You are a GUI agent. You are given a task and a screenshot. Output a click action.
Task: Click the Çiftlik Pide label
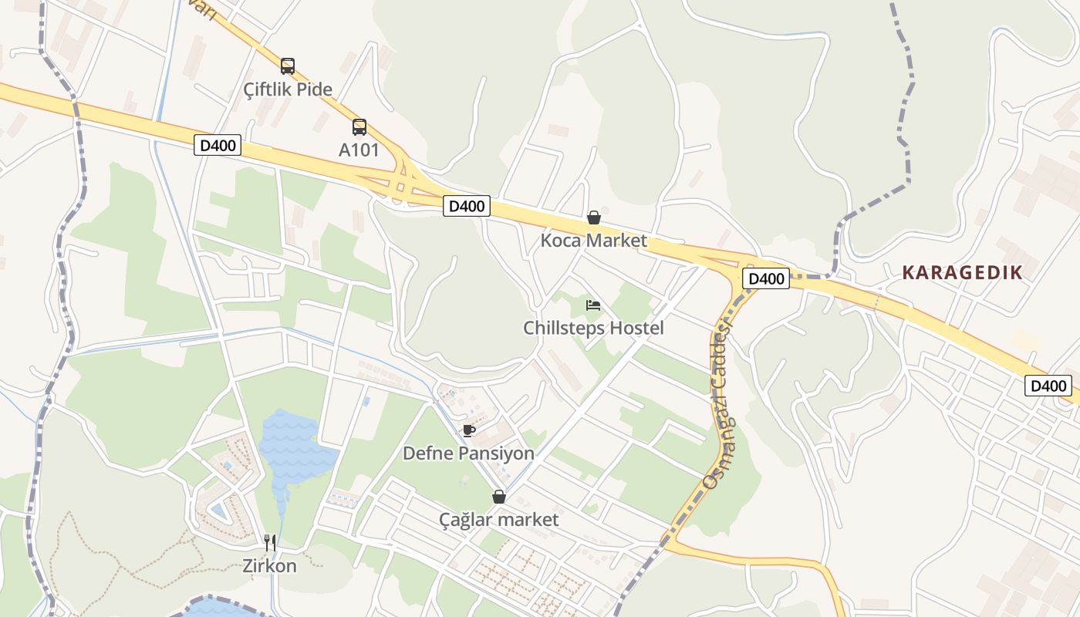288,89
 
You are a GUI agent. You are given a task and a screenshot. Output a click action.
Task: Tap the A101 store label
359,150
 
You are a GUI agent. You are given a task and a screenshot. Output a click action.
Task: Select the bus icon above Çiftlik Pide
288,66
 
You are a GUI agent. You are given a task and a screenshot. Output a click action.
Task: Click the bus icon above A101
359,127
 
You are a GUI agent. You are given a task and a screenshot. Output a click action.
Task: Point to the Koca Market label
593,241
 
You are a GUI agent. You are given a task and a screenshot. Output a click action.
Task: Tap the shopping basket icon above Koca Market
594,217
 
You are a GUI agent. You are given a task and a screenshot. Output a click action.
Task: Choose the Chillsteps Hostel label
593,328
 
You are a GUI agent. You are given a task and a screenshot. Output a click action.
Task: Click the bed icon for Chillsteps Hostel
593,305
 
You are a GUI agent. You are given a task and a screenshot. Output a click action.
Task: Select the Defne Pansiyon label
468,453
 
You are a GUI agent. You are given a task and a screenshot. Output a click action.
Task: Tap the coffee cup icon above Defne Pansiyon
468,430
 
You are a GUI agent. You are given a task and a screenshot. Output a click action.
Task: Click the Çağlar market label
498,520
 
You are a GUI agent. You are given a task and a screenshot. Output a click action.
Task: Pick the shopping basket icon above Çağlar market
499,497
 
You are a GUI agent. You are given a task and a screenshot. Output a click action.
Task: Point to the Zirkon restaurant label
269,565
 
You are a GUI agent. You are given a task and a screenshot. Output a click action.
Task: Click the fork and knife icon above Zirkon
270,542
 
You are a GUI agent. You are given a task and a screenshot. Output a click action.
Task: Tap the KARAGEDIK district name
962,272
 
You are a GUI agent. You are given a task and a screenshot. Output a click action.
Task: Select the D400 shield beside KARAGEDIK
766,278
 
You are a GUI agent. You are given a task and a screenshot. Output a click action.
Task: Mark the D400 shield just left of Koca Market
467,206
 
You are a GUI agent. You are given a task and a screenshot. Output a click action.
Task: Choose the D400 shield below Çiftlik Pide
218,145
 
